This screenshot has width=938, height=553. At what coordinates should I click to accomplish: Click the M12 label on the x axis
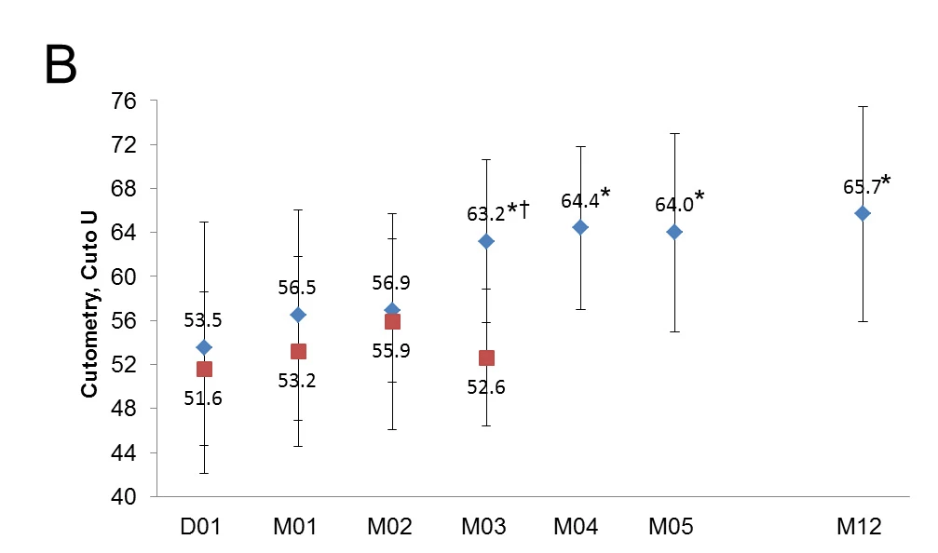tap(858, 528)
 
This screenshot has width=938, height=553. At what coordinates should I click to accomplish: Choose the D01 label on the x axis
tap(201, 528)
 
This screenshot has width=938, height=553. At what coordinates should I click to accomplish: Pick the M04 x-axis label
tap(577, 528)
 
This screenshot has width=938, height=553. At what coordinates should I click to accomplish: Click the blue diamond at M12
tap(863, 213)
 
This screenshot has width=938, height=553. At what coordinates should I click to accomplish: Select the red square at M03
tap(486, 357)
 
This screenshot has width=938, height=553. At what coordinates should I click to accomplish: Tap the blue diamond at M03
tap(486, 241)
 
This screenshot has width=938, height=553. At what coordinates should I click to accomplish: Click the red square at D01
tap(204, 369)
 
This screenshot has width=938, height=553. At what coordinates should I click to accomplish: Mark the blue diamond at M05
tap(674, 231)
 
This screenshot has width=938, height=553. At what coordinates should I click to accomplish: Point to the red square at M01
tap(298, 351)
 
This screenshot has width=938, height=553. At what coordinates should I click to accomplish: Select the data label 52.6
tap(486, 387)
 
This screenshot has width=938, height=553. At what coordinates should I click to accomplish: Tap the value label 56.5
tap(297, 288)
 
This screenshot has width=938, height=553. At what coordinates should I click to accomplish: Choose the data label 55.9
tap(392, 351)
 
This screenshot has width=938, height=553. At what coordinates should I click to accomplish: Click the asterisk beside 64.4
tap(605, 195)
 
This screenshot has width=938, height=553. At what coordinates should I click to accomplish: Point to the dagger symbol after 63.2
tap(525, 211)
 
